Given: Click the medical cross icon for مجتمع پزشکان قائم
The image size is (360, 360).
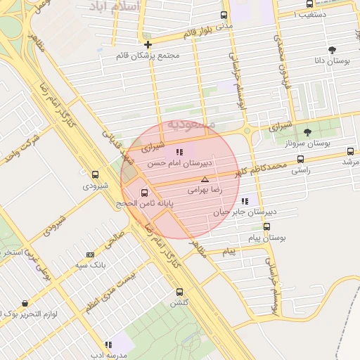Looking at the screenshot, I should (x=148, y=44).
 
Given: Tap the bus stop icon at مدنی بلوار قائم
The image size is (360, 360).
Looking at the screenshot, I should (x=224, y=15).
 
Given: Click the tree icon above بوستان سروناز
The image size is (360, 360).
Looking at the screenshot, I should (x=307, y=131).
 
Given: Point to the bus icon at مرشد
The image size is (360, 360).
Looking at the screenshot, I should (x=351, y=150).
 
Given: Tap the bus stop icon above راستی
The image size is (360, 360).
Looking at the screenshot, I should (x=302, y=159).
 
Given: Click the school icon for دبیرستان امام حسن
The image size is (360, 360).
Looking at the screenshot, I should (x=179, y=151).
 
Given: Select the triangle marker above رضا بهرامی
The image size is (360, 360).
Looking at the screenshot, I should (x=205, y=179).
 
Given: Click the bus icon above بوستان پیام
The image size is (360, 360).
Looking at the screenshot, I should (x=266, y=226).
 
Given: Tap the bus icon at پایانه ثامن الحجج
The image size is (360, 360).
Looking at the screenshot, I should (x=145, y=192).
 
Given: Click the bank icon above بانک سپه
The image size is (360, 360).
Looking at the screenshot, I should (x=89, y=255).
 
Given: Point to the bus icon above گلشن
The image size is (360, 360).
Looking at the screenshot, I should (x=179, y=291).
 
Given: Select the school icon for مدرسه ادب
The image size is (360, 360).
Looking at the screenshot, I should (x=108, y=345).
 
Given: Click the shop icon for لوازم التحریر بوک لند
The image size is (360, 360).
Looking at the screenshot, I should (x=25, y=304).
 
